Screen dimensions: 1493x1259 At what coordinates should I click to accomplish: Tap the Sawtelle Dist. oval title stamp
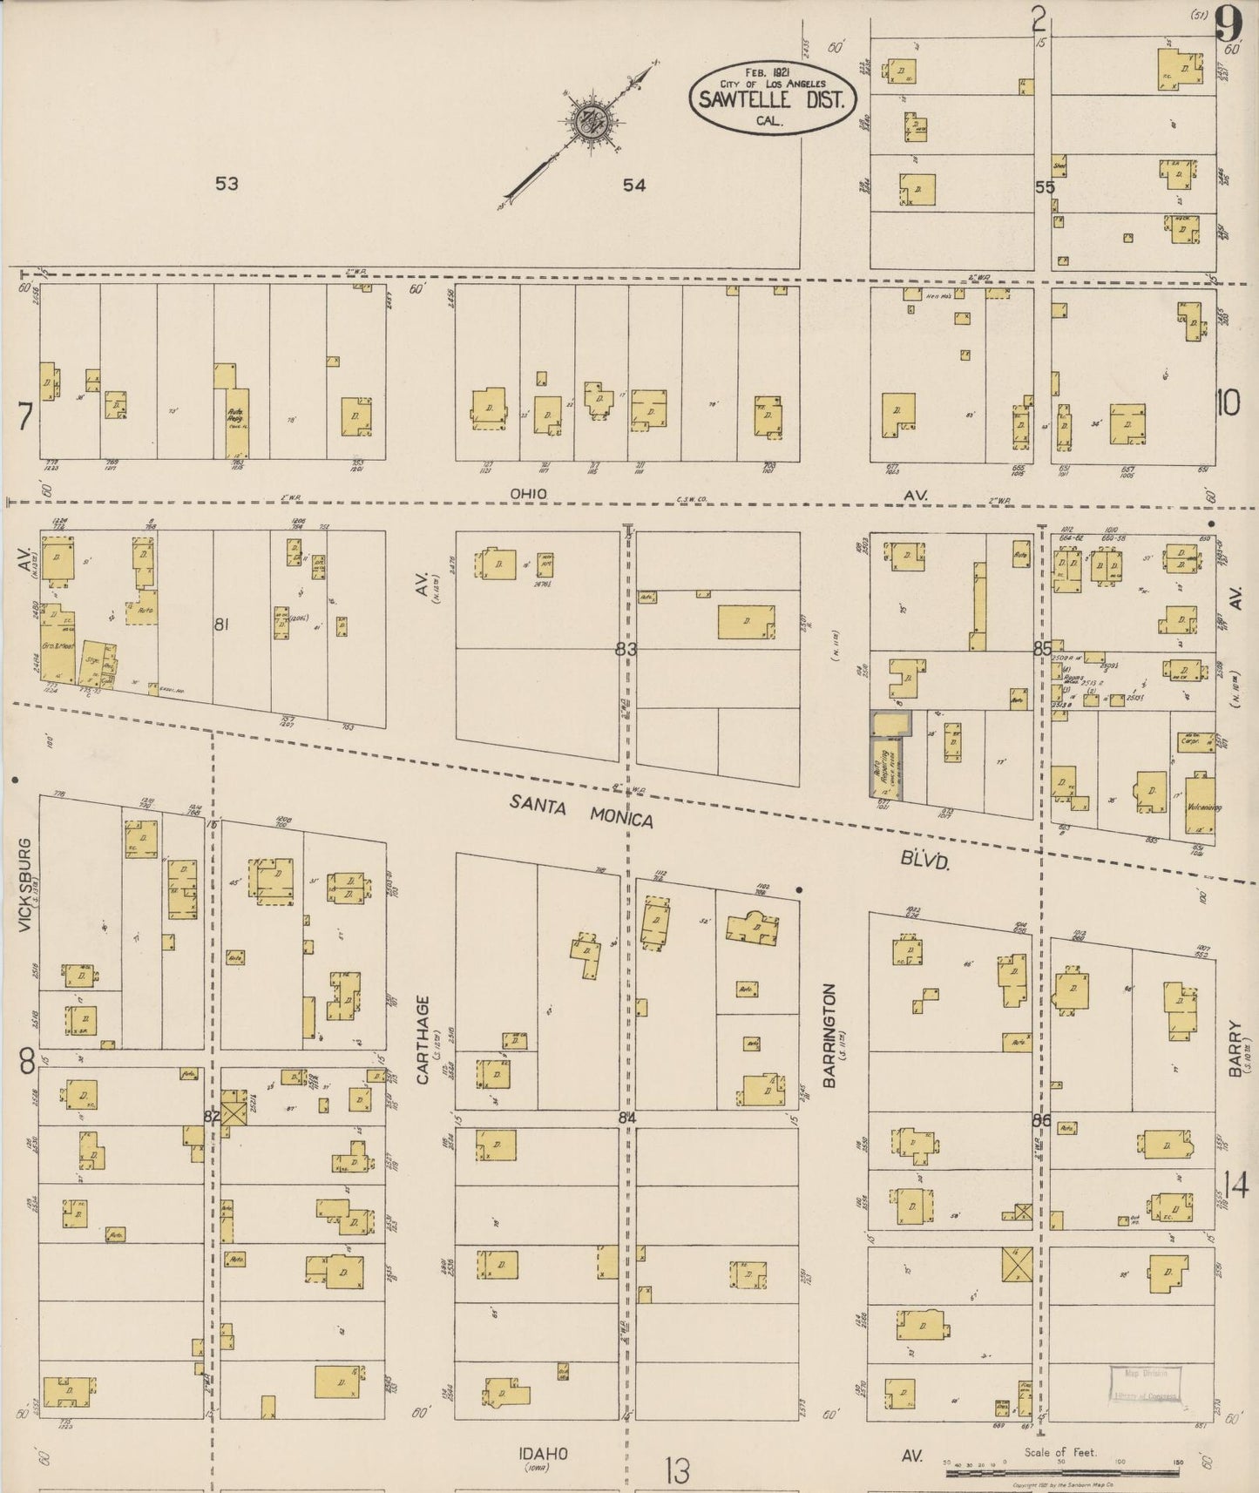[x=770, y=98]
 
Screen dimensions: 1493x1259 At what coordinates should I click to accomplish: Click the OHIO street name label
[x=529, y=494]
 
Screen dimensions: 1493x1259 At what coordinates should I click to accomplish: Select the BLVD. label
[x=924, y=861]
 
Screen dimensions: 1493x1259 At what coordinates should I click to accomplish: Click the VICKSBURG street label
[x=24, y=886]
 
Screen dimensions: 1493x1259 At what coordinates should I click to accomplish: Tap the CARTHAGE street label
[x=423, y=1039]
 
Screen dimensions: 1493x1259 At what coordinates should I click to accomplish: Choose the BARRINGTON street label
[x=829, y=1035]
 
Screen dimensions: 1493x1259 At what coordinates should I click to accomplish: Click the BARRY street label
[x=1235, y=1049]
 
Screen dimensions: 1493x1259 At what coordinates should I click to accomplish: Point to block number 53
[x=227, y=184]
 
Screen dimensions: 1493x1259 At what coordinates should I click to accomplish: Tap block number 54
[x=634, y=185]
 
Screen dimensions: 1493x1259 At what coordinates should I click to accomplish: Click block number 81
[x=221, y=624]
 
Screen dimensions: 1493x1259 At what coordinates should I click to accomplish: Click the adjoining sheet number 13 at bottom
[x=675, y=1471]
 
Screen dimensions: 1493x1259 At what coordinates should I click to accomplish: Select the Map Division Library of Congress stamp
[x=1144, y=1384]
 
